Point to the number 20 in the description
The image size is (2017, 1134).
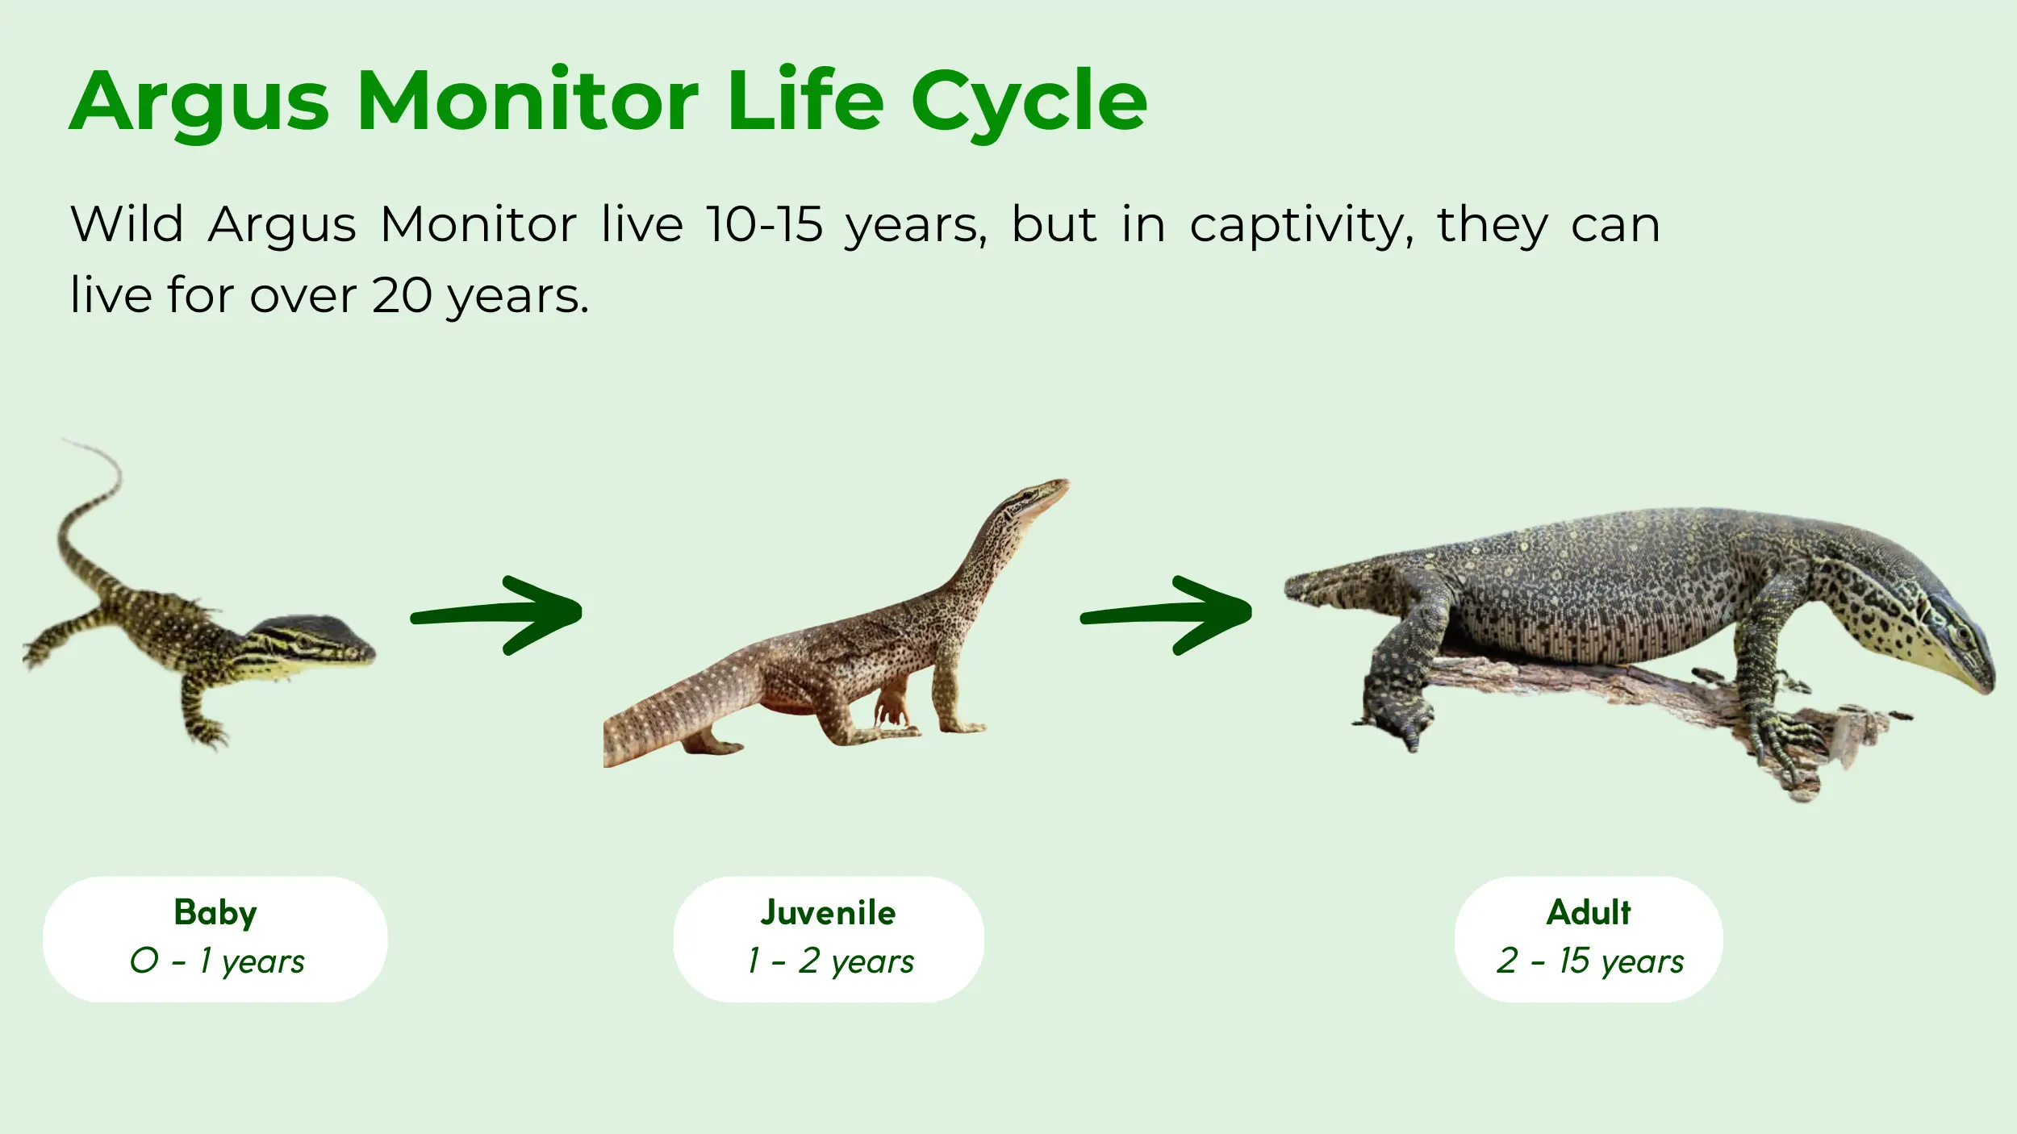pyautogui.click(x=402, y=295)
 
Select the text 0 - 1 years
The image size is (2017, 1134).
pyautogui.click(x=217, y=961)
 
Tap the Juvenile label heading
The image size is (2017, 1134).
pyautogui.click(x=828, y=912)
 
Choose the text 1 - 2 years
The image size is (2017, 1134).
pyautogui.click(x=831, y=961)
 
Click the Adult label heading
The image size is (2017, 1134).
pyautogui.click(x=1589, y=912)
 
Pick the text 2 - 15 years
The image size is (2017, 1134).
pyautogui.click(x=1590, y=961)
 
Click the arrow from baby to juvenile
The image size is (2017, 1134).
pyautogui.click(x=496, y=615)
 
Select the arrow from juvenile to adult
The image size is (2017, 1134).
pyautogui.click(x=1166, y=615)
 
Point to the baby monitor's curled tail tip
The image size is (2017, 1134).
pyautogui.click(x=65, y=440)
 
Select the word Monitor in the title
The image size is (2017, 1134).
pyautogui.click(x=528, y=101)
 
